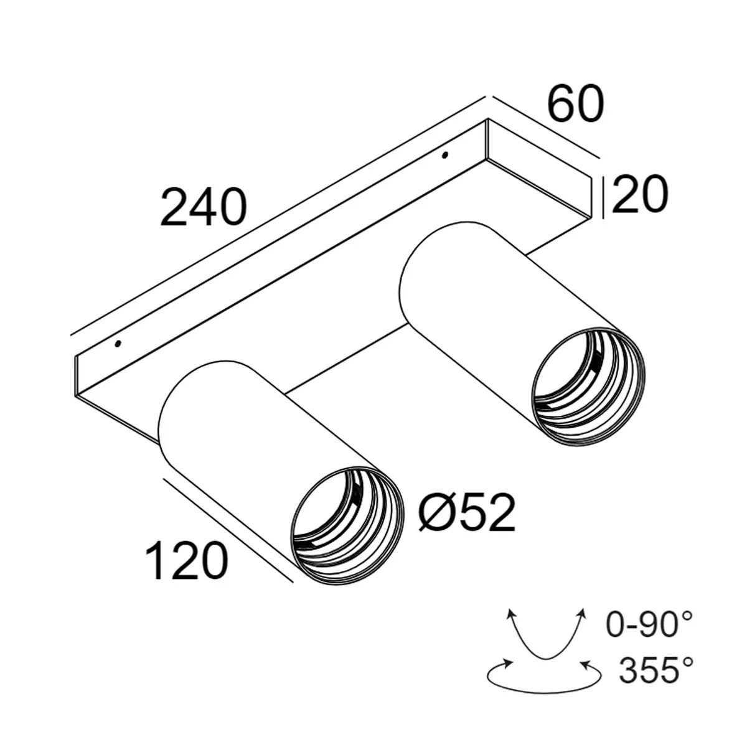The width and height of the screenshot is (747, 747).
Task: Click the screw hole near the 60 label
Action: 444,155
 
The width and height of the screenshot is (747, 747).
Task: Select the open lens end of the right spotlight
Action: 588,386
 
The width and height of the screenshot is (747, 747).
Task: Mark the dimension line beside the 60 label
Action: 545,128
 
